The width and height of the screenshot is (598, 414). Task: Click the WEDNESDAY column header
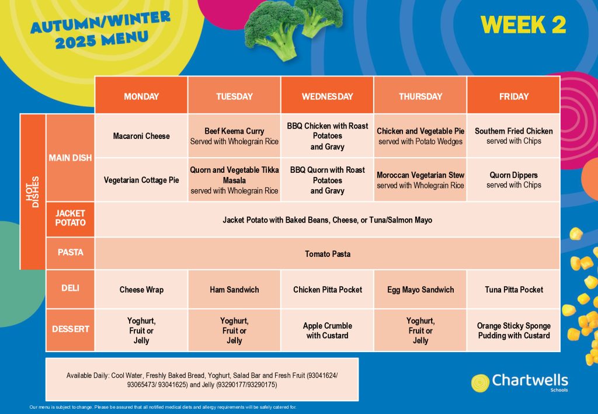[327, 95]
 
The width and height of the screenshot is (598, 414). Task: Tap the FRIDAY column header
[513, 95]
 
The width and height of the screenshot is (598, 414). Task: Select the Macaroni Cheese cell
[141, 135]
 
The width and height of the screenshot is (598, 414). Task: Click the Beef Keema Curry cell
[234, 135]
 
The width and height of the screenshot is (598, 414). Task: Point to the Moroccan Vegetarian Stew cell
[420, 180]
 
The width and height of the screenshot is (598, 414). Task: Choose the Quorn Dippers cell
[513, 180]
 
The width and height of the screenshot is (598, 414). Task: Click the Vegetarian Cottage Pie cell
[141, 180]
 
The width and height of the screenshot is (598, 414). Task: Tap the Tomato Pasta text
[328, 254]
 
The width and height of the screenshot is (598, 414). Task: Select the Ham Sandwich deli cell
[234, 290]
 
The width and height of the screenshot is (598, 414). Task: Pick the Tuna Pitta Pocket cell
[513, 290]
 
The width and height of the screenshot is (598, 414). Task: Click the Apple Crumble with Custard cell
[327, 330]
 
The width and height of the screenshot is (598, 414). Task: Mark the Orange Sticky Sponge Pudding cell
[513, 330]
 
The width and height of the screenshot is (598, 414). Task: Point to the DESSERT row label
[70, 329]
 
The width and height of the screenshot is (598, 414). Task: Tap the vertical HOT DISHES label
[33, 192]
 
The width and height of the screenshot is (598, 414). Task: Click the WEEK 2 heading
[523, 25]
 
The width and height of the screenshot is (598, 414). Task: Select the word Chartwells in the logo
[530, 380]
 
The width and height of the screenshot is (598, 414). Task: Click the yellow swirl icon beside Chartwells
[480, 383]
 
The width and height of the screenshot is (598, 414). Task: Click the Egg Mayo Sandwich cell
[420, 290]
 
